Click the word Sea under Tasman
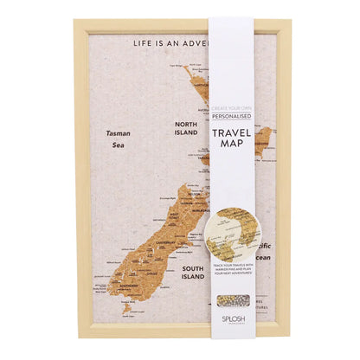click(x=119, y=146)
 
